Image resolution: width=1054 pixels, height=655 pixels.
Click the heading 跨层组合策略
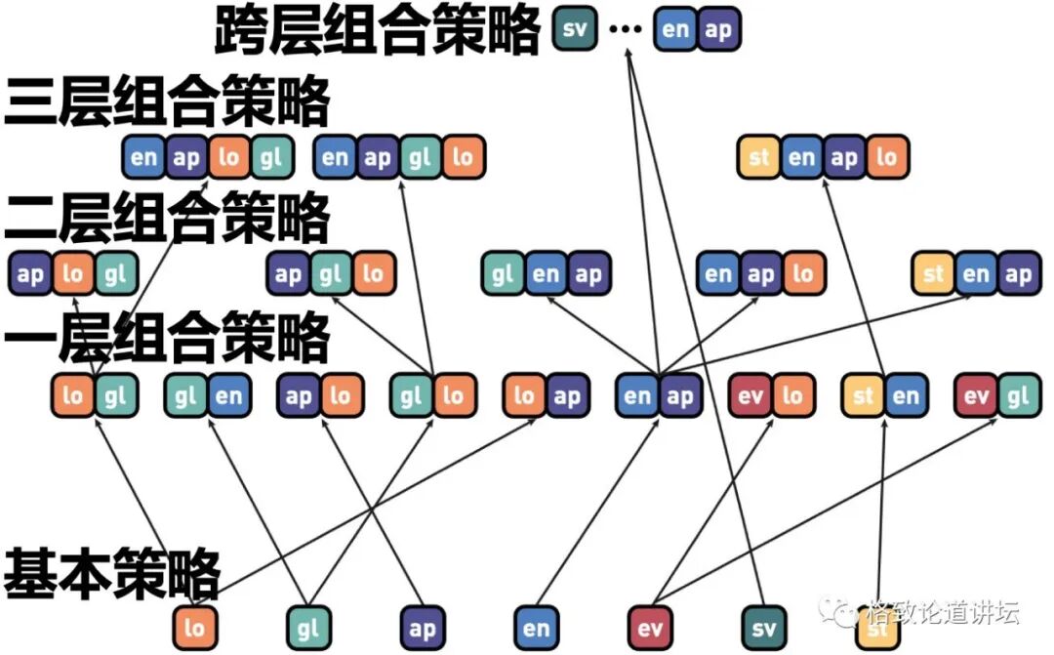376,31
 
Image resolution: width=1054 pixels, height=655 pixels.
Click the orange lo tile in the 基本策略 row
194,628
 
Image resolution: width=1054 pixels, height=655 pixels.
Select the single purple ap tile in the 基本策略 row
422,628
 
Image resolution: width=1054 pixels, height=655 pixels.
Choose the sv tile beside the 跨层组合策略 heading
575,29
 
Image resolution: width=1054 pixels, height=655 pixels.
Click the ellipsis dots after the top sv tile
625,29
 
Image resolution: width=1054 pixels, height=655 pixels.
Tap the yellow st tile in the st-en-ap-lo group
760,157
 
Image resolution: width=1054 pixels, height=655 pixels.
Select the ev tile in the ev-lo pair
750,395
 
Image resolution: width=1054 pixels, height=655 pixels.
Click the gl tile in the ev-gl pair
1018,395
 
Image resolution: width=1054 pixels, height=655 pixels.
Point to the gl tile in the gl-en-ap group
504,275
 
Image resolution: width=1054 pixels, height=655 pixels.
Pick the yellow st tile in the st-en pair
864,395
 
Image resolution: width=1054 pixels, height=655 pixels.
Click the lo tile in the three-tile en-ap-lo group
803,275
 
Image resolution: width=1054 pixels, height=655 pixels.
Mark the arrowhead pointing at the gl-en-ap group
549,300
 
